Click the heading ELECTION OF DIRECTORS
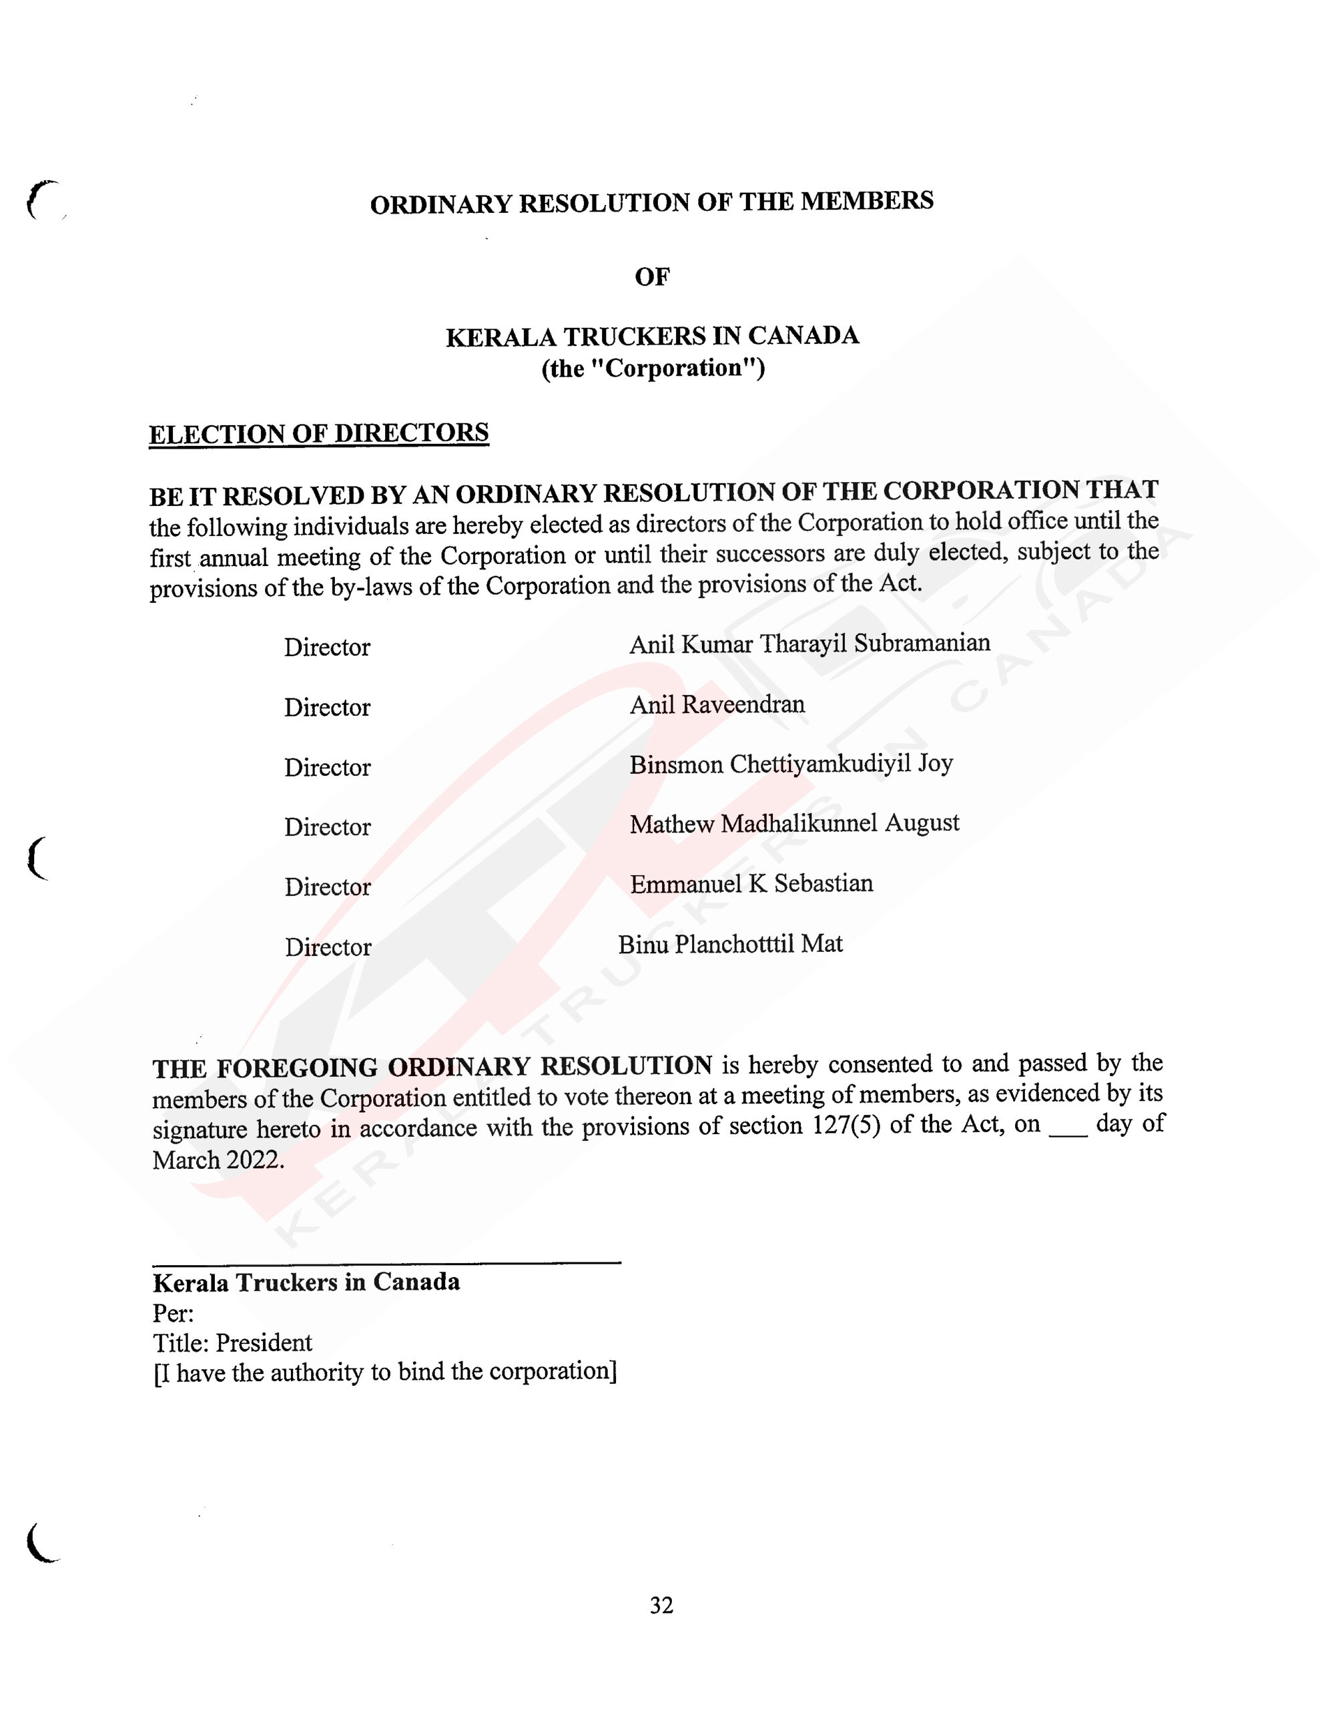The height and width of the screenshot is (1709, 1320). pos(318,433)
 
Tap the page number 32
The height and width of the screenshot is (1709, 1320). pos(661,1605)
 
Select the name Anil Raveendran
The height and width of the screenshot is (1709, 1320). pos(717,704)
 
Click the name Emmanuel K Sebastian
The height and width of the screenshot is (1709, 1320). pos(751,883)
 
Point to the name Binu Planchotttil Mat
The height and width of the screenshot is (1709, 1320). pos(730,945)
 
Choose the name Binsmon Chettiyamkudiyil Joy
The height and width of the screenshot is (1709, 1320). pos(791,764)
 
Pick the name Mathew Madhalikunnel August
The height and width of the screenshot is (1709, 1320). pos(794,823)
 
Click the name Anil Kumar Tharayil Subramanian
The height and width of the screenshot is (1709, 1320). pos(810,644)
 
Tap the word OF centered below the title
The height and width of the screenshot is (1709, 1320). pos(652,276)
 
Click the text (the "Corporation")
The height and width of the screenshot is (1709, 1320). pos(653,368)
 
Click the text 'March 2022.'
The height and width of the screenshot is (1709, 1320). pos(218,1160)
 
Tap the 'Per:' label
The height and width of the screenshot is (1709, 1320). pos(174,1313)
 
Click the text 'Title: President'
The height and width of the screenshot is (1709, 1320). pos(232,1342)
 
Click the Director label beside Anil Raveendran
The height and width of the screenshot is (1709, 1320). pos(327,708)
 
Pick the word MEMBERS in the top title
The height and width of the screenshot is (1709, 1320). pos(867,201)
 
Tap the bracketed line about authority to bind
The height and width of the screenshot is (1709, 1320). pos(385,1373)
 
